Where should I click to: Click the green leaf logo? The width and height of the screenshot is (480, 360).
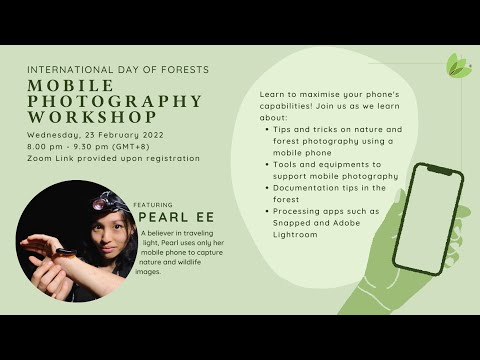coord(458,67)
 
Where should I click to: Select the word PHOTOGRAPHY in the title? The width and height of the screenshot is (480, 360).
coord(115,101)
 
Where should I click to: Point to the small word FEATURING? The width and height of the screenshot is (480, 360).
coord(153,203)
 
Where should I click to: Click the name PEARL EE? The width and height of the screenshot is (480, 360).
coord(174,217)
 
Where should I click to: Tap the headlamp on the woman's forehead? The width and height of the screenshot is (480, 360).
coord(101,202)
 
